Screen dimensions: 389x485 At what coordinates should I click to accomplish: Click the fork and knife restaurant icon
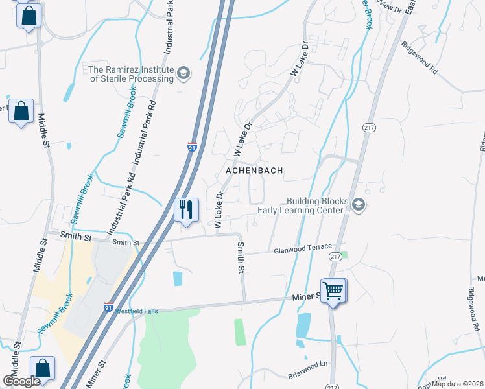[186, 209]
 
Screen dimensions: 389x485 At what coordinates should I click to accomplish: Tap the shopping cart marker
[333, 290]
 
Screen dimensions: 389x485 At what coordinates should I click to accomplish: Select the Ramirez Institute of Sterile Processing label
[132, 74]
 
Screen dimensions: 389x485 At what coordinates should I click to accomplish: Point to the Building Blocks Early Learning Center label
[303, 206]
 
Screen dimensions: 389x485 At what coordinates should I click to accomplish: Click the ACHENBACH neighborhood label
[254, 171]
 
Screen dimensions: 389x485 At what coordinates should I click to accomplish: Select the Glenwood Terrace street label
[303, 248]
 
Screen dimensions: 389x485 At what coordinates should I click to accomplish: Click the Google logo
[22, 381]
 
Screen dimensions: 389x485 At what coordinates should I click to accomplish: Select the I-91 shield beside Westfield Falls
[109, 307]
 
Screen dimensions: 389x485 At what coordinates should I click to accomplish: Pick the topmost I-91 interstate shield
[192, 147]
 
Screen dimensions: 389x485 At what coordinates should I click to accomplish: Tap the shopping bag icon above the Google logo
[43, 368]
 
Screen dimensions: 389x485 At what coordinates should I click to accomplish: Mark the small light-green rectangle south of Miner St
[240, 331]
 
